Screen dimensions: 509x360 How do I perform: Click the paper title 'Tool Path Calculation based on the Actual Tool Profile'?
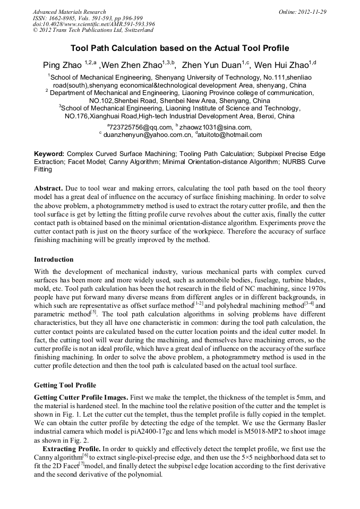(179, 48)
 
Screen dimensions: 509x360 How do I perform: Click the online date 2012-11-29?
(303, 12)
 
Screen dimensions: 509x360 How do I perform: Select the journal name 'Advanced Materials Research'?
(70, 12)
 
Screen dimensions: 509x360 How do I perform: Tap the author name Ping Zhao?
(62, 66)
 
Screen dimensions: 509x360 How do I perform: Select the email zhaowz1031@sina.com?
(215, 127)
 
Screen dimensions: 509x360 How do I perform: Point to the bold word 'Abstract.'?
(49, 188)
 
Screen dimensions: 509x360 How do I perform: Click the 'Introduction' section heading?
(54, 260)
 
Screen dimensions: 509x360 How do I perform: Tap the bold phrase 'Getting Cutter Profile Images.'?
(81, 398)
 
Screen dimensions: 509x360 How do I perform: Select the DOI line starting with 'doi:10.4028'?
(94, 24)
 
